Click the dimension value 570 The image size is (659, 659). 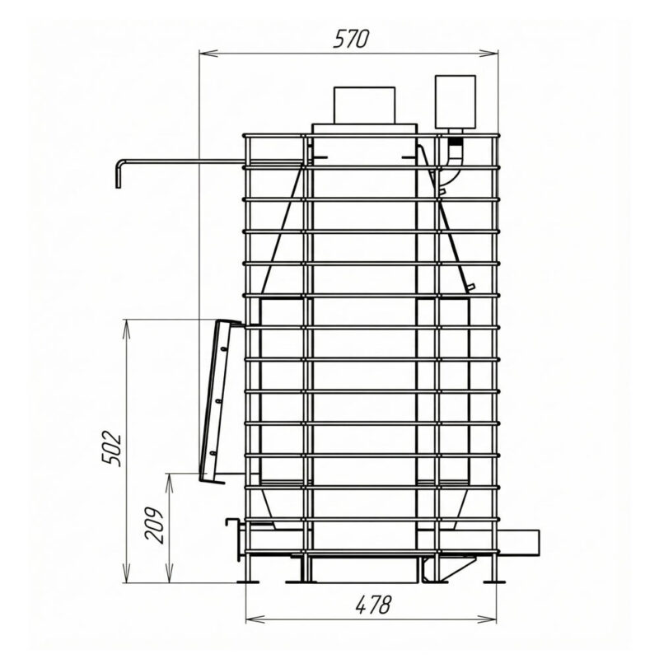(352, 39)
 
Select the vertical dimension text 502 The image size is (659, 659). (113, 448)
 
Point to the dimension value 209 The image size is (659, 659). (154, 526)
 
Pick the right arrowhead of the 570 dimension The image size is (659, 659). (488, 54)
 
